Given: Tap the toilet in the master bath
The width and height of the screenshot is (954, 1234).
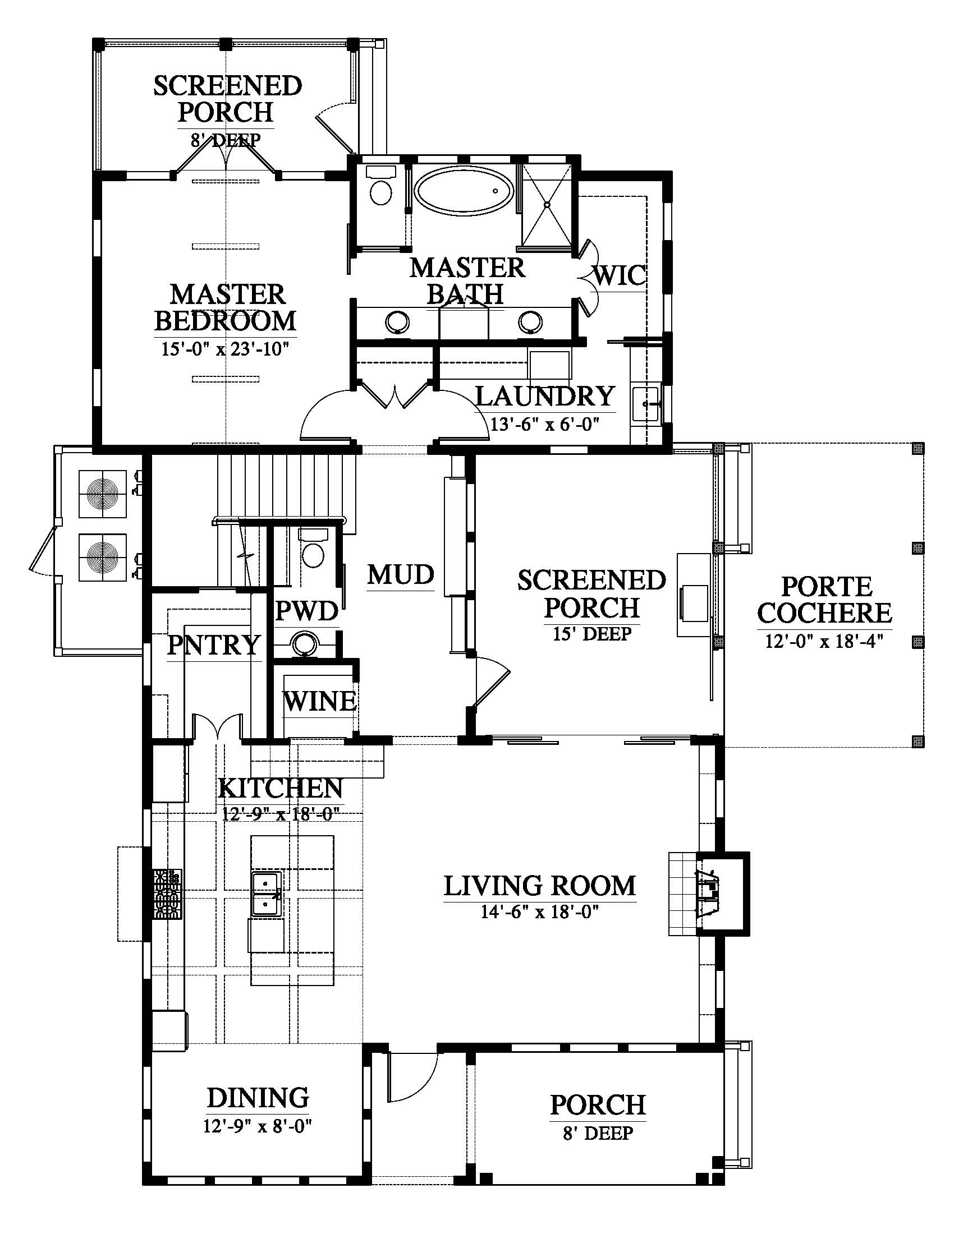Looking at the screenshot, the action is click(380, 186).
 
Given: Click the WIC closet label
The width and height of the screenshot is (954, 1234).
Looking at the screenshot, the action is click(620, 275).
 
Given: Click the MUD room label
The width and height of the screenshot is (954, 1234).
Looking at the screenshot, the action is click(401, 574).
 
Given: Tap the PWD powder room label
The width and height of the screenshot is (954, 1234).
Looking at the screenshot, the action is click(307, 611).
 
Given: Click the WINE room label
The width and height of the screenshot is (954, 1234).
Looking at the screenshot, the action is click(320, 702).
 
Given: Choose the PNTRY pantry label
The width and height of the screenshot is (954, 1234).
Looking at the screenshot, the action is click(214, 644).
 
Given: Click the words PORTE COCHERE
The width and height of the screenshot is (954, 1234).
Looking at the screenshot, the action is click(825, 600).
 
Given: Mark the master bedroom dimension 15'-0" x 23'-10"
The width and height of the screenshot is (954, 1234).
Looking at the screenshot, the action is click(226, 348).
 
